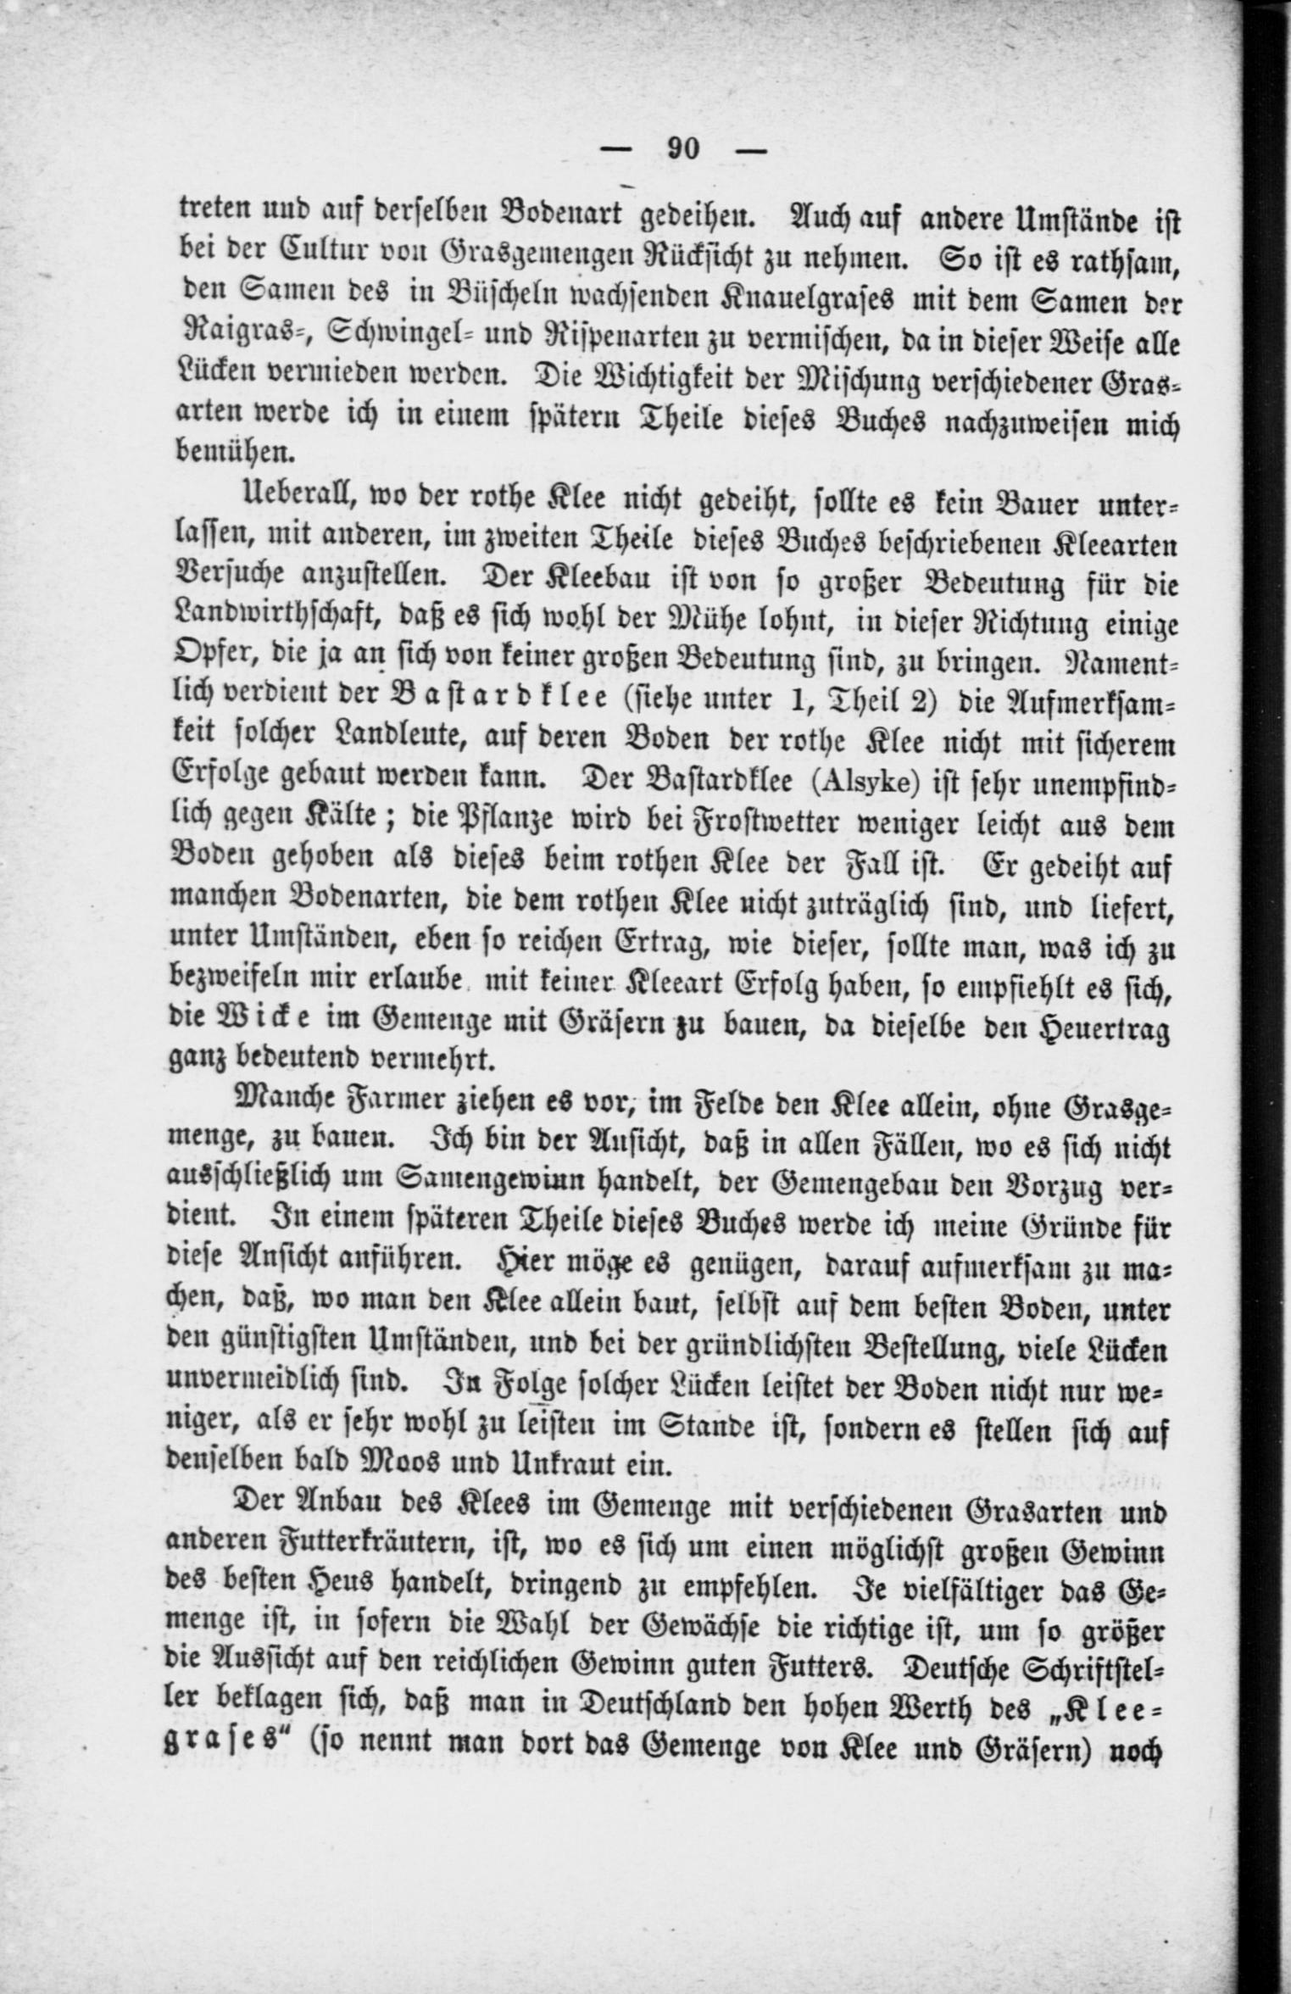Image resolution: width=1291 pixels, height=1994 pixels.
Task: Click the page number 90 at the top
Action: coord(683,148)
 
